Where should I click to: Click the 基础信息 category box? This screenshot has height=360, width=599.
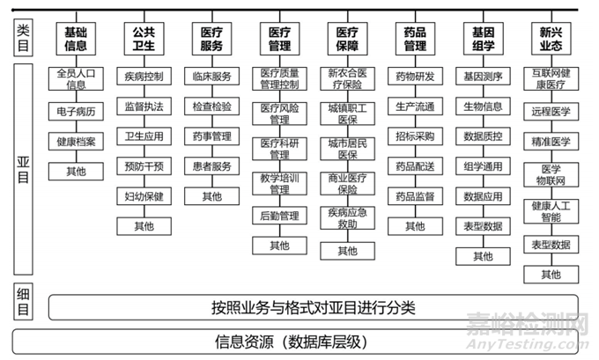coord(76,38)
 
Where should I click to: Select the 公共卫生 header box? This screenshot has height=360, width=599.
coord(144,38)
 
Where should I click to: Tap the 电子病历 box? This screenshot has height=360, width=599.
coord(76,111)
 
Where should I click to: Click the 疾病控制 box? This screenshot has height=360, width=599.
coord(144,77)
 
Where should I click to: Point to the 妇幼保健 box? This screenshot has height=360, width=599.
coord(144,195)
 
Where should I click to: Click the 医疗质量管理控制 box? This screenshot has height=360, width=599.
coord(279,78)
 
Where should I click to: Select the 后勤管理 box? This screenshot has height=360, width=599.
coord(279,216)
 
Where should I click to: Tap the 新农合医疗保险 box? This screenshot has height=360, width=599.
coord(347,78)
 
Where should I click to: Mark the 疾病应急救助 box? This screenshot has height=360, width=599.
coord(347,218)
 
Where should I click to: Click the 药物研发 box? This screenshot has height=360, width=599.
coord(415,77)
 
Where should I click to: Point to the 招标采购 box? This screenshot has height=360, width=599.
coord(415,136)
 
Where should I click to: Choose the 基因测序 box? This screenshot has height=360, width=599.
coord(483,77)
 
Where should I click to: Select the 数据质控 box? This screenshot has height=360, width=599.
coord(483,136)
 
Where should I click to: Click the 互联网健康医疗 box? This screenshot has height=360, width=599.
coord(551,78)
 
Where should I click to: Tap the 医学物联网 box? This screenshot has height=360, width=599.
coord(551,174)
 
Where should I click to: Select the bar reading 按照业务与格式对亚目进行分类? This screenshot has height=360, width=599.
coord(313,307)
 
